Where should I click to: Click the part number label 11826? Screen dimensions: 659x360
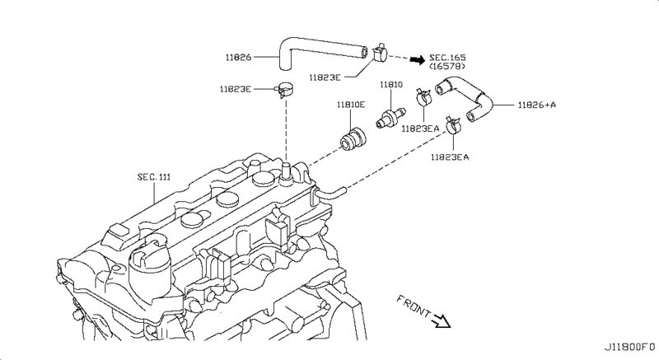[x=238, y=57]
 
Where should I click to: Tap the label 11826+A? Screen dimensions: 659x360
[x=537, y=105]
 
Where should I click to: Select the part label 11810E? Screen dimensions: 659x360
[x=351, y=105]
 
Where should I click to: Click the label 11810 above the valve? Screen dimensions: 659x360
[x=391, y=84]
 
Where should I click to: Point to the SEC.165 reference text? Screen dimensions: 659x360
[x=447, y=58]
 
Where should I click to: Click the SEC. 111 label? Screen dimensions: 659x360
[x=154, y=177]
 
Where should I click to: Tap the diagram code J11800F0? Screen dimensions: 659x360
[x=629, y=347]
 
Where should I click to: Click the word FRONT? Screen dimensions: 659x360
[x=414, y=306]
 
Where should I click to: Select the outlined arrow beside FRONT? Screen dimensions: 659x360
[x=442, y=321]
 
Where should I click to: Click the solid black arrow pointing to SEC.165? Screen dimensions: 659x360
[x=418, y=60]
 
